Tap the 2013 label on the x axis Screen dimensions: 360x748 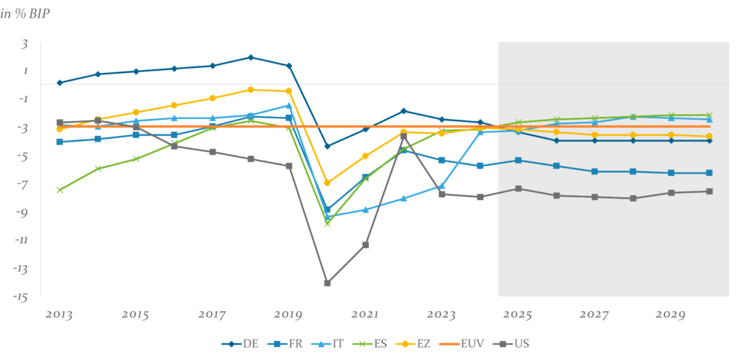click(x=59, y=315)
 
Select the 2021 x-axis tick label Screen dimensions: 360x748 click(x=365, y=315)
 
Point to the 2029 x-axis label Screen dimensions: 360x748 click(x=671, y=315)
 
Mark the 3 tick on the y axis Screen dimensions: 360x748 click(x=24, y=44)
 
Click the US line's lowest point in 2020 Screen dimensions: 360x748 click(x=327, y=283)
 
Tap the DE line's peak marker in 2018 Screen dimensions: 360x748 click(x=251, y=57)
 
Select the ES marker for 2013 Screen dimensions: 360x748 click(x=60, y=190)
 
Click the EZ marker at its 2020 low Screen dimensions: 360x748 click(x=327, y=183)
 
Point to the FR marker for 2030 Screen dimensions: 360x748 click(x=709, y=173)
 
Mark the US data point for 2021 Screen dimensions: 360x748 click(x=365, y=245)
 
